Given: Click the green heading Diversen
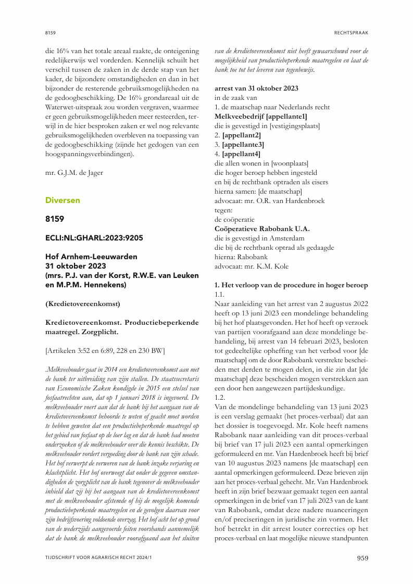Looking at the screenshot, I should (x=62, y=200).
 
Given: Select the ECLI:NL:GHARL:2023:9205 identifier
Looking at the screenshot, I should (x=94, y=238).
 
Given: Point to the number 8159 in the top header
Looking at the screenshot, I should (x=50, y=33).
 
